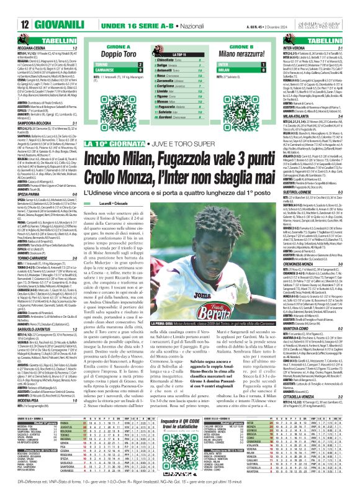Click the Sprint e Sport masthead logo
coord(335,7)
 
